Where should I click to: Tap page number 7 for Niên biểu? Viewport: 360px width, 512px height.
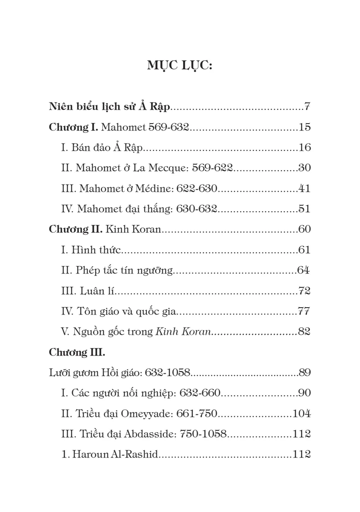(307, 106)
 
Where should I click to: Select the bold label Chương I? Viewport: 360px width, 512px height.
(74, 127)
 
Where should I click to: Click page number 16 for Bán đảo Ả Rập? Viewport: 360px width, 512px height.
(304, 148)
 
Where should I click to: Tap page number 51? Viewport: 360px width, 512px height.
(304, 209)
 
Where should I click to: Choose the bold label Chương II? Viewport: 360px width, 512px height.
(76, 229)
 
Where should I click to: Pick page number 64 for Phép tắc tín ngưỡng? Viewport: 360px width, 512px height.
(303, 270)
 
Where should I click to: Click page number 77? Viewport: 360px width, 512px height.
(304, 312)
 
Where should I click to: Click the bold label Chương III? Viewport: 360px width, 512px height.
(77, 353)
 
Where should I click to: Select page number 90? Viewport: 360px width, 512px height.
(304, 393)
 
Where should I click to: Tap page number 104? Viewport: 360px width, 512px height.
(301, 414)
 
